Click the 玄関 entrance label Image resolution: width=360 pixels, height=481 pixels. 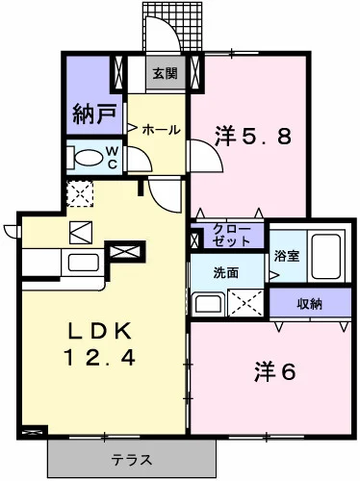165,74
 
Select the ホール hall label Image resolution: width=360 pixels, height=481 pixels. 161,128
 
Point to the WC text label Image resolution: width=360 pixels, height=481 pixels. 112,157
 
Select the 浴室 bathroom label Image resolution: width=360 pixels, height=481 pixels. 286,257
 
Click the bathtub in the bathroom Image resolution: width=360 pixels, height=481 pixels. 327,257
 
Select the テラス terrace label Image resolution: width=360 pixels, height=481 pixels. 131,459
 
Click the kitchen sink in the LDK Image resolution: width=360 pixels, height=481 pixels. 79,262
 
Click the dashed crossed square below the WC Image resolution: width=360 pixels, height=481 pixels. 80,192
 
